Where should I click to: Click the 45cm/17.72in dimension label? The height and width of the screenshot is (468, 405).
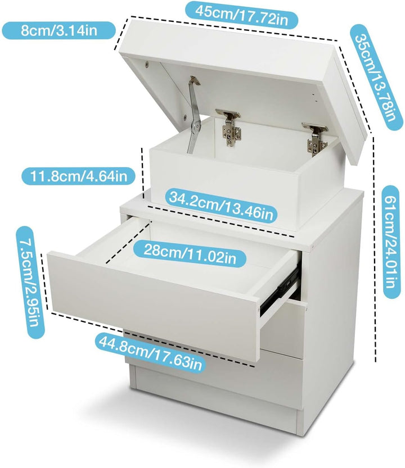point(241,15)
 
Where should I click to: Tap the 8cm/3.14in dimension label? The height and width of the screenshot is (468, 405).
point(59,30)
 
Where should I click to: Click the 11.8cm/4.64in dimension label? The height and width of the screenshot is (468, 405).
point(79,176)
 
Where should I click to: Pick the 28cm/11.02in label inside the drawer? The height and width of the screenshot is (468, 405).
point(190,254)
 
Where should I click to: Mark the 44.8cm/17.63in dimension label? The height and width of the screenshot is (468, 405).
point(150,352)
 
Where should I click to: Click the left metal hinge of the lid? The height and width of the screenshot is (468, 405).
point(228,128)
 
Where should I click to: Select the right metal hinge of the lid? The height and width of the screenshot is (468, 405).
point(316,139)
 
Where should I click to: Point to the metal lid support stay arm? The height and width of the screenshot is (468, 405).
point(193,115)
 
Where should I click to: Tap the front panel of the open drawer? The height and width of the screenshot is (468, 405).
point(154,306)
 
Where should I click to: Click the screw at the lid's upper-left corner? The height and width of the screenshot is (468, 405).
point(146,63)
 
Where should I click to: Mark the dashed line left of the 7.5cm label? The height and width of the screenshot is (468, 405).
point(46,282)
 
